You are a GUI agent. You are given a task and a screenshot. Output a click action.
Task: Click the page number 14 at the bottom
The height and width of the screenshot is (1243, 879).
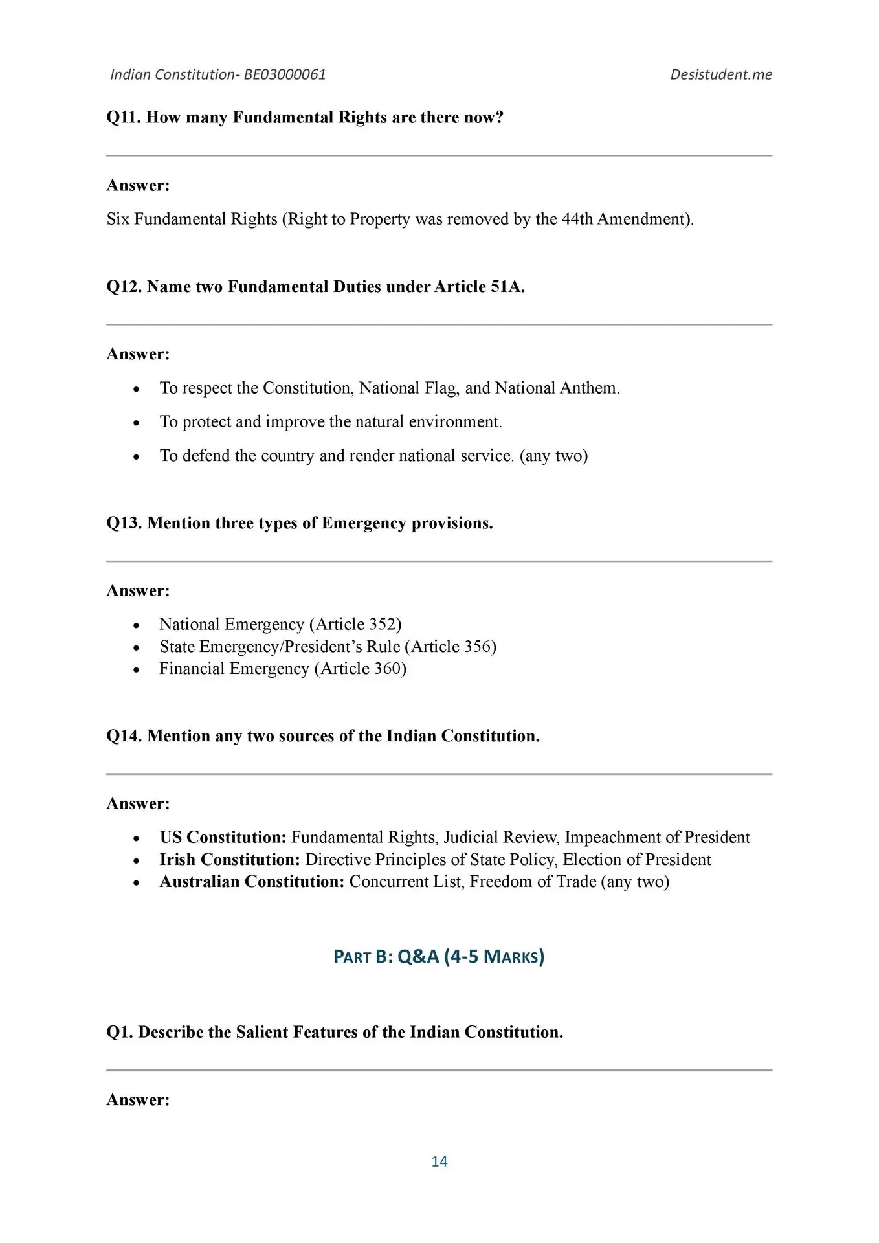click(x=439, y=1161)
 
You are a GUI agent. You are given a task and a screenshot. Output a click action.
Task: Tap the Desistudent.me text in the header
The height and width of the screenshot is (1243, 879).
click(x=720, y=74)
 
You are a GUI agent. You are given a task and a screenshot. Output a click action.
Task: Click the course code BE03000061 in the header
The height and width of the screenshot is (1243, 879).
click(x=285, y=74)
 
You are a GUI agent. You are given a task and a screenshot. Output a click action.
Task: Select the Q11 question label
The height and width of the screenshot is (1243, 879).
click(x=124, y=117)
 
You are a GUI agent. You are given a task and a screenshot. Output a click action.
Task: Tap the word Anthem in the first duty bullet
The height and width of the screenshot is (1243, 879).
click(x=589, y=388)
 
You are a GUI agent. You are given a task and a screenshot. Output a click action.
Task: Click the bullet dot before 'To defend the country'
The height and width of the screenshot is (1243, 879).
click(x=136, y=456)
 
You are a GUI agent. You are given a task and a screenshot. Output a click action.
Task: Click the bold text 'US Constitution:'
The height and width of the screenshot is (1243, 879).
click(x=223, y=837)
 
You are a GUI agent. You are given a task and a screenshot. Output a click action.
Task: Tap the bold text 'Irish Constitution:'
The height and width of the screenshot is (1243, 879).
click(x=230, y=859)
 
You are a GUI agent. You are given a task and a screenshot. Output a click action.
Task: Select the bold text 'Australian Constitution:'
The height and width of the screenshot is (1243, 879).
click(x=252, y=881)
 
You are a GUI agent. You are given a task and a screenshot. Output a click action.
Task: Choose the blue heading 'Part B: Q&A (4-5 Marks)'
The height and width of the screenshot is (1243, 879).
click(x=439, y=956)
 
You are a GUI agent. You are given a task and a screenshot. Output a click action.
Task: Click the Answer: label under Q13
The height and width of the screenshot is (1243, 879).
click(x=138, y=590)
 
